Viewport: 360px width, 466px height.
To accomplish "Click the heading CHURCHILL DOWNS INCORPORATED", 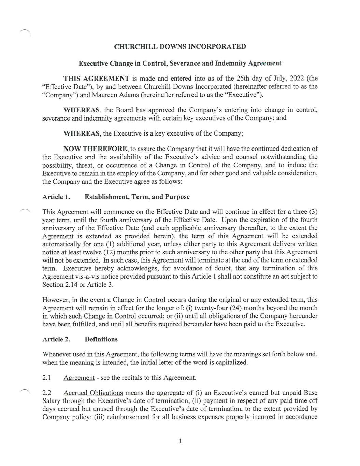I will point(180,47).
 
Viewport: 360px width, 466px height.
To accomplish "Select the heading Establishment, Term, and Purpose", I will point(137,197).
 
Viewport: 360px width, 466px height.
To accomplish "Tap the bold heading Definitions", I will point(101,339).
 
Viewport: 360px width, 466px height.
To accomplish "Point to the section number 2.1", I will point(47,378).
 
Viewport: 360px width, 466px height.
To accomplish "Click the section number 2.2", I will point(47,393).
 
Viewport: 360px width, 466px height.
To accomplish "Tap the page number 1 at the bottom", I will point(180,441).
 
